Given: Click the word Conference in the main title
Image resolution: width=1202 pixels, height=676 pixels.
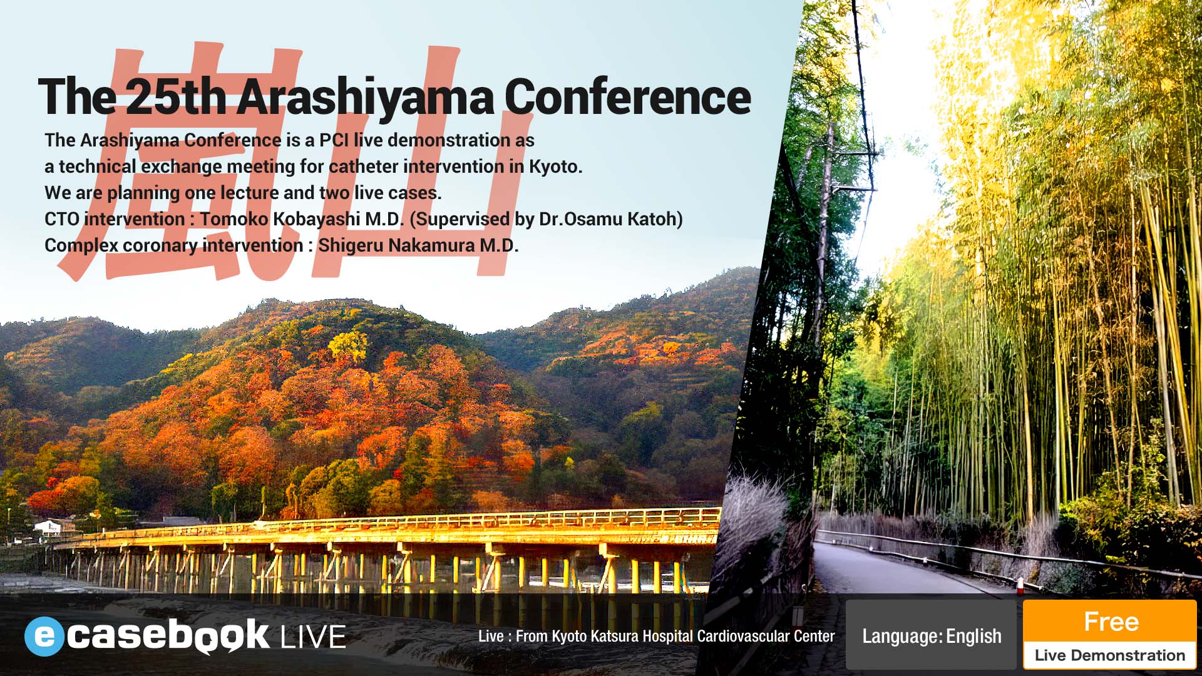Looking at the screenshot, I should click(627, 97).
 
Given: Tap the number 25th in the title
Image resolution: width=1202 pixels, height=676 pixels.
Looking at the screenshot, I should click(179, 97).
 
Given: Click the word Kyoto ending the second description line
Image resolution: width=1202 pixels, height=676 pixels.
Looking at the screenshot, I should click(555, 166).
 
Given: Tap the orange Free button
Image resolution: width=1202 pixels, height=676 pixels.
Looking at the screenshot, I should click(1110, 622).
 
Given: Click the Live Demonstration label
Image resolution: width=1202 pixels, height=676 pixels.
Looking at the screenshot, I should click(1110, 655).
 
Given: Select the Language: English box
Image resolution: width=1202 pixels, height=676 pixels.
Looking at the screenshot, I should click(931, 636).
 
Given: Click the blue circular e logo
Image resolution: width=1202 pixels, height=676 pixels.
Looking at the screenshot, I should click(44, 636).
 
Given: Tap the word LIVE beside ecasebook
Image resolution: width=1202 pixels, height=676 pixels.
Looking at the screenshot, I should click(313, 637).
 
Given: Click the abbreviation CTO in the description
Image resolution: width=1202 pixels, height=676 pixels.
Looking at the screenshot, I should click(61, 219).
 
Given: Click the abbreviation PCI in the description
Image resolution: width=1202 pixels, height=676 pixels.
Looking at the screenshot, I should click(334, 140).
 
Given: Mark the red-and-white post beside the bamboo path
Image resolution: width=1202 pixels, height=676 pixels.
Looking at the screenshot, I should click(1019, 586).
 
